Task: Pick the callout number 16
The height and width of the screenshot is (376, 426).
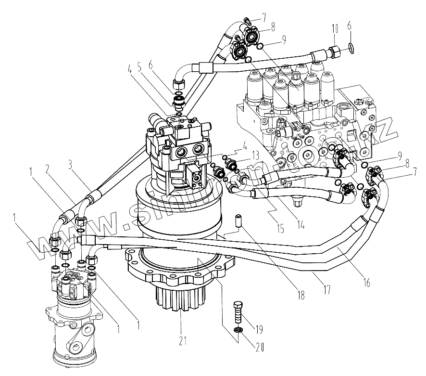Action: pos(367,283)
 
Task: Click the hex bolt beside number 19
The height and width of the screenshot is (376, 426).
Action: pos(238,312)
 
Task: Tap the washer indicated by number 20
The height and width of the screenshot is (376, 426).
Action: pos(238,330)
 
